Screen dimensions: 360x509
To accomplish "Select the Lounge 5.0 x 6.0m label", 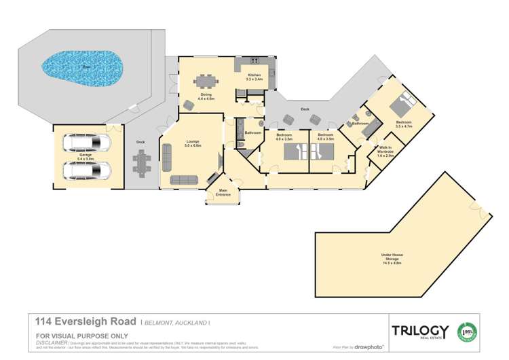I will coord(192,144).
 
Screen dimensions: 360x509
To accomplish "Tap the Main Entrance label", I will coord(223,194).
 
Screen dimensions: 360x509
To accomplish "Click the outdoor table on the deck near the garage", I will coord(143,162).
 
